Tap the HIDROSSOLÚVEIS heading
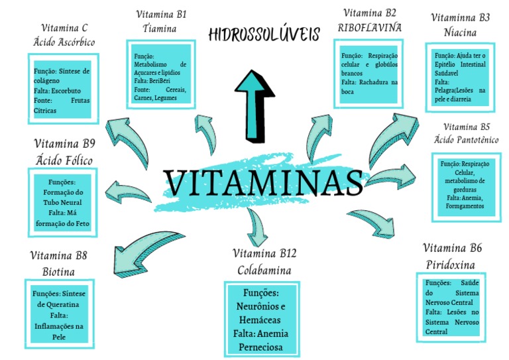click(263, 34)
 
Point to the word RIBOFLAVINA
click(370, 28)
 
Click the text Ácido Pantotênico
click(466, 140)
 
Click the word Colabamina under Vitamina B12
click(264, 270)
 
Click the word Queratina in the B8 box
click(64, 304)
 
